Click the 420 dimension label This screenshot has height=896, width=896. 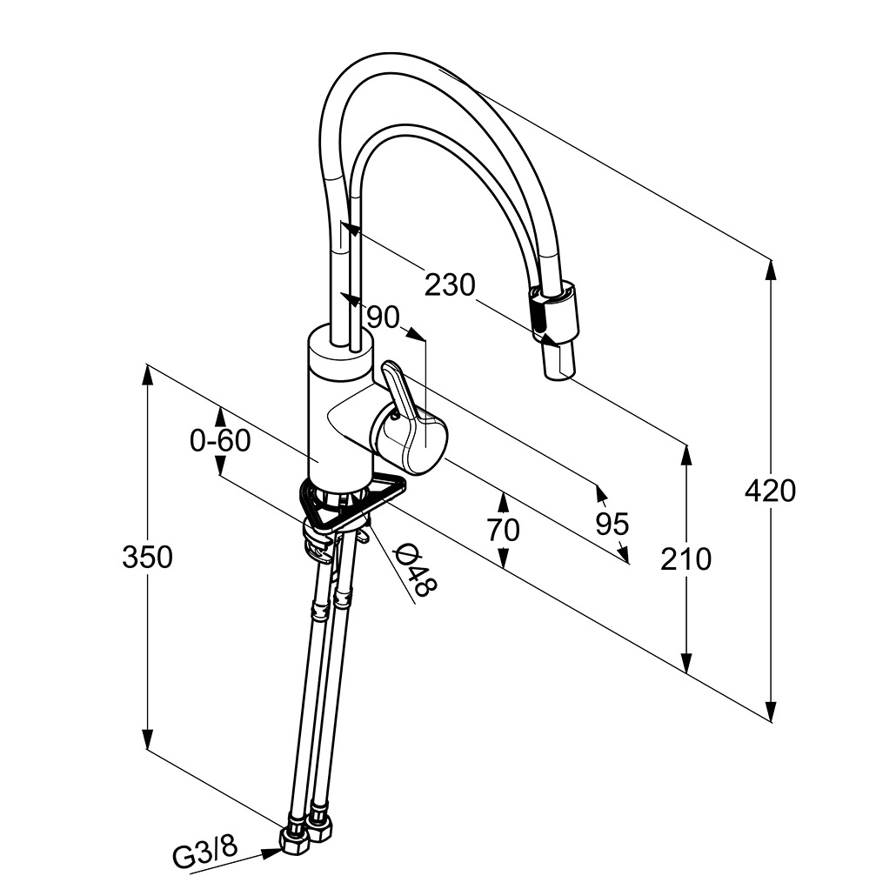pyautogui.click(x=770, y=491)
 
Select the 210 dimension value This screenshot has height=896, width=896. pyautogui.click(x=685, y=559)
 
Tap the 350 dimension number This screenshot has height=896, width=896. pyautogui.click(x=147, y=557)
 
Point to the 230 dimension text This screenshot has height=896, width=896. pyautogui.click(x=451, y=284)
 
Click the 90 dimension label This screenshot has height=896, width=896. pyautogui.click(x=382, y=318)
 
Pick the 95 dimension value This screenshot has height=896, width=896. pyautogui.click(x=612, y=524)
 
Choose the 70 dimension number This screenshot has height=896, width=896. pyautogui.click(x=504, y=529)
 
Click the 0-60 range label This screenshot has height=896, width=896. pyautogui.click(x=220, y=441)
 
